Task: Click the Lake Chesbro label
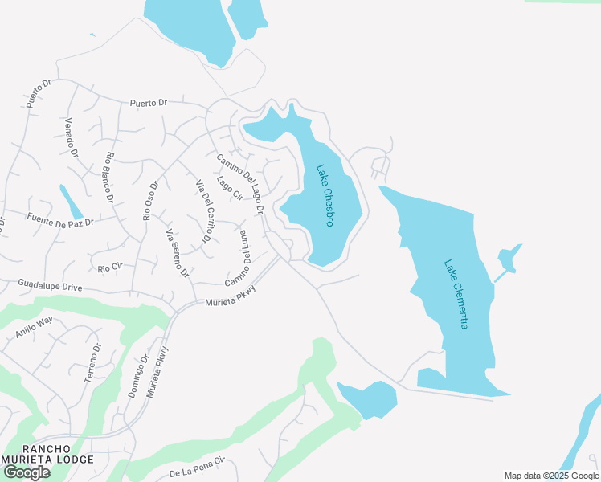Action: pos(325,196)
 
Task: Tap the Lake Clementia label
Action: pos(456,293)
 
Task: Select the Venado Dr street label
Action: pos(71,137)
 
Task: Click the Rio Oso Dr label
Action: pos(150,200)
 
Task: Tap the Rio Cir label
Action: pos(109,266)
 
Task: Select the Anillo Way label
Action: pos(34,329)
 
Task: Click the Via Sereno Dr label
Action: pos(177,254)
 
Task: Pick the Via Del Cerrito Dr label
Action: pos(203,212)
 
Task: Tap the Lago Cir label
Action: pos(230,188)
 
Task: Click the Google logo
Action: pos(27,472)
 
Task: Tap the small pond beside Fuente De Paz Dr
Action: pos(71,202)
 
